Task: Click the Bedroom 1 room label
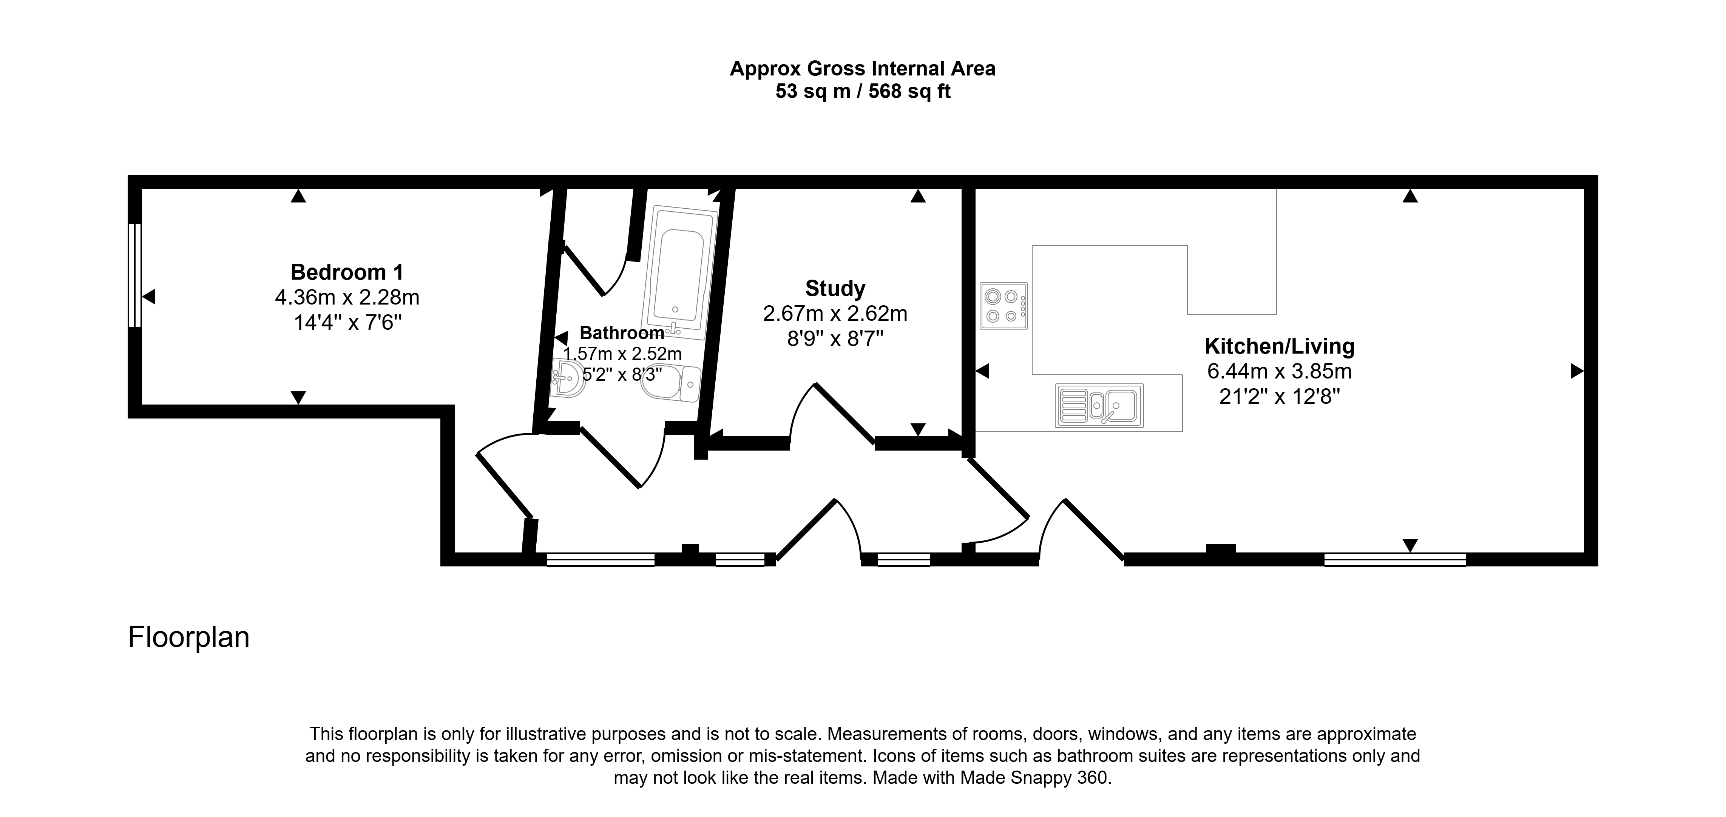347,272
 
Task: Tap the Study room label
835,289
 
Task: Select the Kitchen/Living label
1280,346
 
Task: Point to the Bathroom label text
622,333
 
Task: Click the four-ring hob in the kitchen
1004,306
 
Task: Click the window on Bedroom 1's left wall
135,275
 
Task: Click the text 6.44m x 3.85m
1280,371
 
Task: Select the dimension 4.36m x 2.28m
347,297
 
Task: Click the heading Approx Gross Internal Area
862,69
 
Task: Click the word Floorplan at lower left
189,637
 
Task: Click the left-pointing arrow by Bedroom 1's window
149,296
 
